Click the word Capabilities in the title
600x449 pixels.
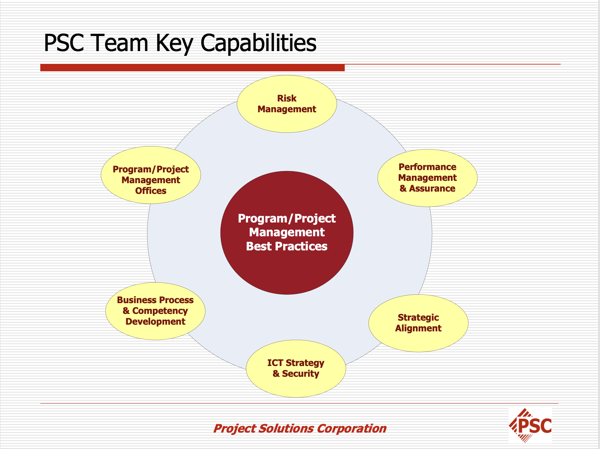click(x=258, y=43)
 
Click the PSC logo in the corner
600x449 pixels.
click(x=530, y=425)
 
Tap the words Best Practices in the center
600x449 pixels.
click(x=287, y=246)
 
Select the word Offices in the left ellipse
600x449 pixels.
click(x=151, y=191)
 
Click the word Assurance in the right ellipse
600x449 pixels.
click(x=432, y=189)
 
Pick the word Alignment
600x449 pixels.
click(x=418, y=328)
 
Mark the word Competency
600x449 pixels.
click(x=160, y=311)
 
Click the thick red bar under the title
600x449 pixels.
click(x=192, y=68)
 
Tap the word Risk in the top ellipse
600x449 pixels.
click(x=287, y=98)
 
